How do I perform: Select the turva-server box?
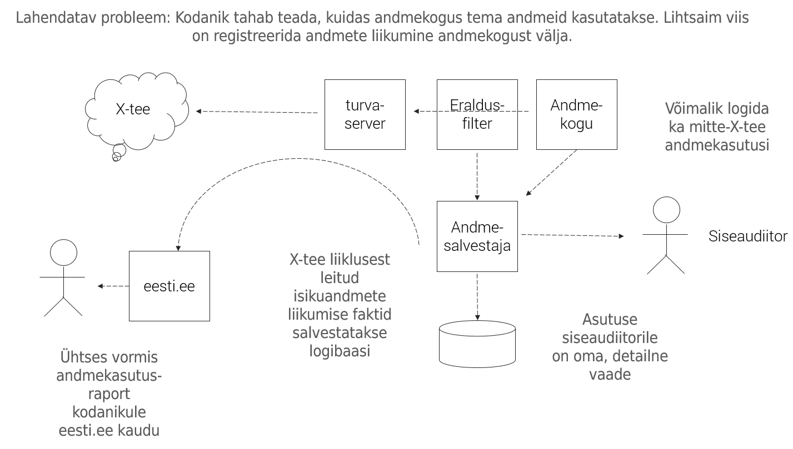(365, 114)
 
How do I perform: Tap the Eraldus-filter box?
(477, 114)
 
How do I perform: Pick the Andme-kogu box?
(576, 114)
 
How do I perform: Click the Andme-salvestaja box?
(477, 236)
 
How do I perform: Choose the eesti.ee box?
(169, 286)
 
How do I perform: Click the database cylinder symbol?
(477, 344)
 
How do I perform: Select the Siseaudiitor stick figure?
(666, 236)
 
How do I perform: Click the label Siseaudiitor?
(748, 236)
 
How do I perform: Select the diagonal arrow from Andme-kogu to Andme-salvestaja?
(552, 173)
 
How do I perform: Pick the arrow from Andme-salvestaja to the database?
(477, 296)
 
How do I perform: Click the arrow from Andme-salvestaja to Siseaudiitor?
(572, 235)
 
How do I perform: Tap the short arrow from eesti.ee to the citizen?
(113, 286)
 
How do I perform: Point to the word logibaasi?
(339, 351)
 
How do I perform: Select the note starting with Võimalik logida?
(716, 127)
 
